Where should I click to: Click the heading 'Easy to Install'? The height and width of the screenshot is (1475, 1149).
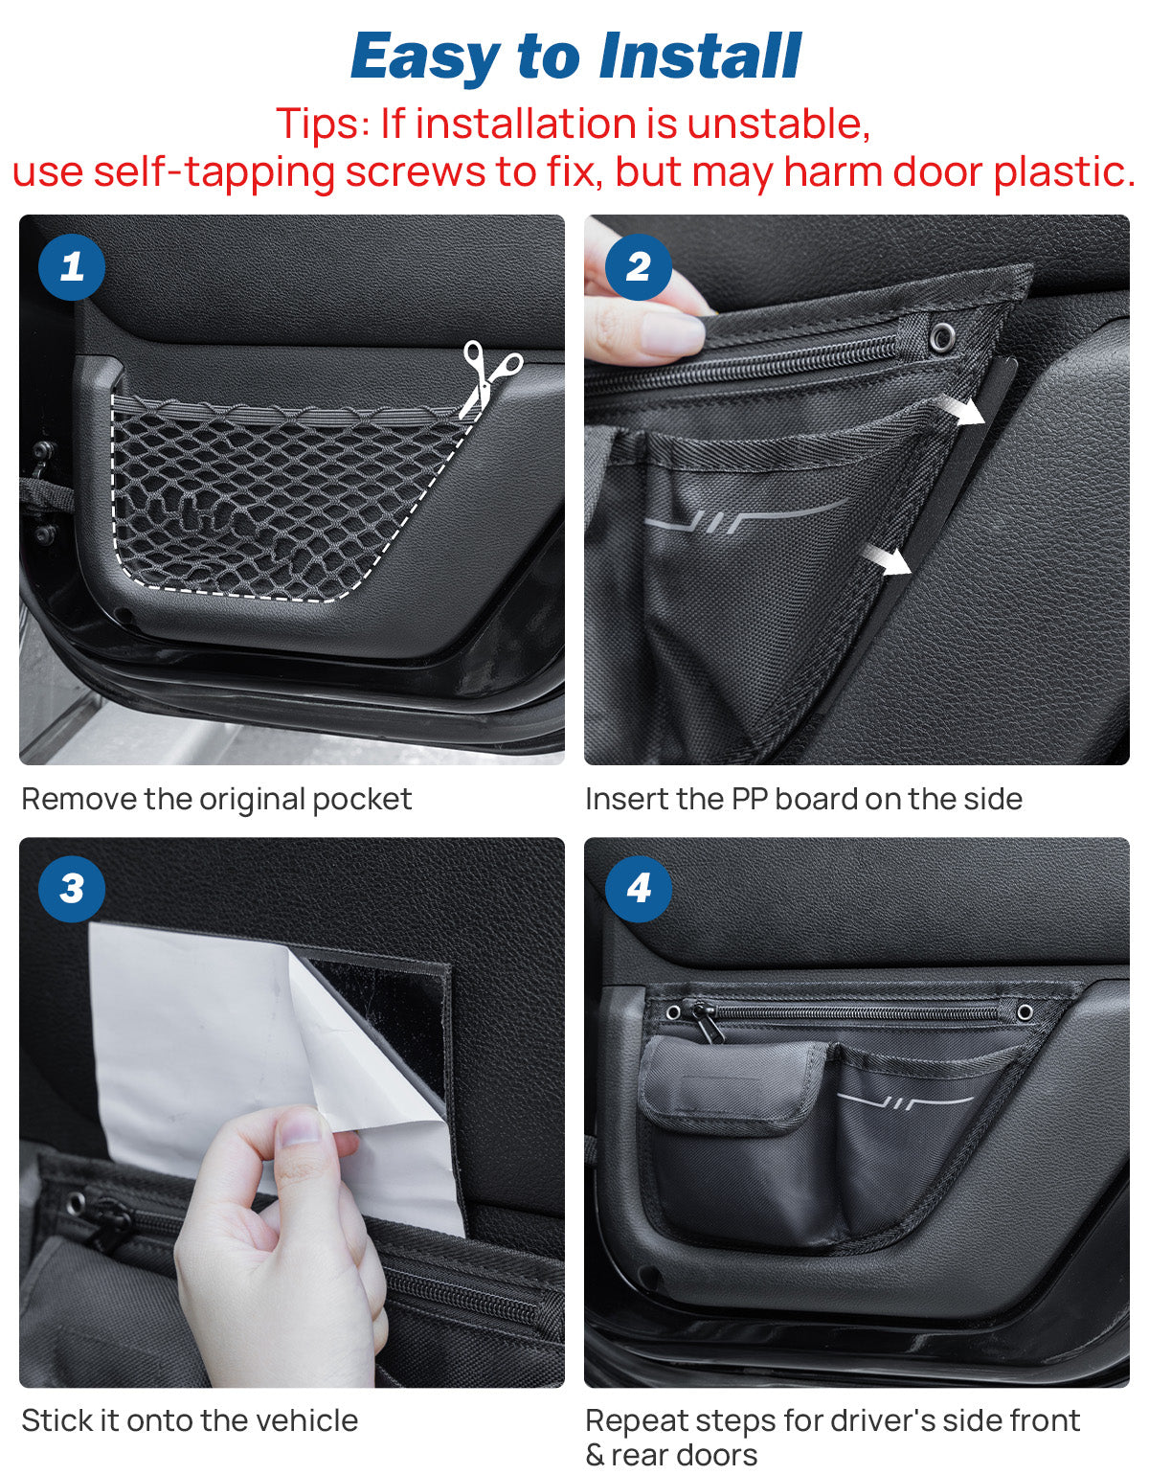[x=575, y=56]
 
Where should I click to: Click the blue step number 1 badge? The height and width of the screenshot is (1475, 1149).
[x=72, y=267]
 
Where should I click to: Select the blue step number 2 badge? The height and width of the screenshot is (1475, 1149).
[x=638, y=267]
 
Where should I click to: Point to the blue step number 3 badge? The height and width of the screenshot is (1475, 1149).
[x=72, y=889]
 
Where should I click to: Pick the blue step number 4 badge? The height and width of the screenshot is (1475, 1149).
[x=638, y=889]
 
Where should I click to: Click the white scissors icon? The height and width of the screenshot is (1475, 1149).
[x=489, y=376]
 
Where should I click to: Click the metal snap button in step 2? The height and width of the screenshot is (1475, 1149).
[x=943, y=335]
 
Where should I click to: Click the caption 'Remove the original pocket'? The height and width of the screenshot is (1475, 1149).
[x=216, y=799]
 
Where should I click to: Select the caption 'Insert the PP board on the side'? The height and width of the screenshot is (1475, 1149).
[x=803, y=799]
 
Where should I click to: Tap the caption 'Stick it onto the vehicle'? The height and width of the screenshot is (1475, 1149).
[x=190, y=1420]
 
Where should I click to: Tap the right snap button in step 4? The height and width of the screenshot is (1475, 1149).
[x=1025, y=1012]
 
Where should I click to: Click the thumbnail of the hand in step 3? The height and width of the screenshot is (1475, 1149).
[x=302, y=1129]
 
